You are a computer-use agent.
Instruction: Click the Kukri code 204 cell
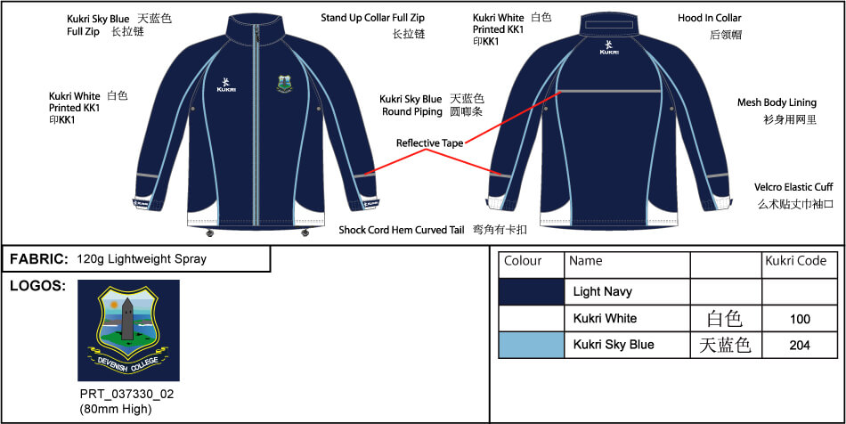(x=799, y=345)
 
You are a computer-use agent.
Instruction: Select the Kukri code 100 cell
(x=799, y=319)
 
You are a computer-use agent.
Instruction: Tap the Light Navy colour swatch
(x=532, y=292)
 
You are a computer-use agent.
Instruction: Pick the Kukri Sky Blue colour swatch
(x=532, y=346)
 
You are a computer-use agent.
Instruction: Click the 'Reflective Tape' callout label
(x=429, y=143)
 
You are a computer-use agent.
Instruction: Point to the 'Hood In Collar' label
(x=710, y=19)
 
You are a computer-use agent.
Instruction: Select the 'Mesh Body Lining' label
(x=777, y=102)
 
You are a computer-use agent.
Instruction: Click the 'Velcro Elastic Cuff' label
(x=793, y=187)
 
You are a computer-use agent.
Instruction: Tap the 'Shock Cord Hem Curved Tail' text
(x=402, y=230)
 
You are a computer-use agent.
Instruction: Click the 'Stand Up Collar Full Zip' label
(x=373, y=19)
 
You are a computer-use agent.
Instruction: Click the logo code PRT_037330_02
(x=126, y=395)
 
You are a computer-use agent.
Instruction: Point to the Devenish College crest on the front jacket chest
(x=284, y=84)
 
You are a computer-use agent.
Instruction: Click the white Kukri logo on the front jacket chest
(x=225, y=84)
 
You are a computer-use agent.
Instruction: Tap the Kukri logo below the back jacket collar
(x=609, y=47)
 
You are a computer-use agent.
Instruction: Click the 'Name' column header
(x=585, y=261)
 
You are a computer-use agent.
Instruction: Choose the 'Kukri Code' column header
(x=796, y=261)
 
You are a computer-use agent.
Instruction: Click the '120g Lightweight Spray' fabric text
(x=142, y=259)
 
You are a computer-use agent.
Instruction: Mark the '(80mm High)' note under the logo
(x=114, y=410)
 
